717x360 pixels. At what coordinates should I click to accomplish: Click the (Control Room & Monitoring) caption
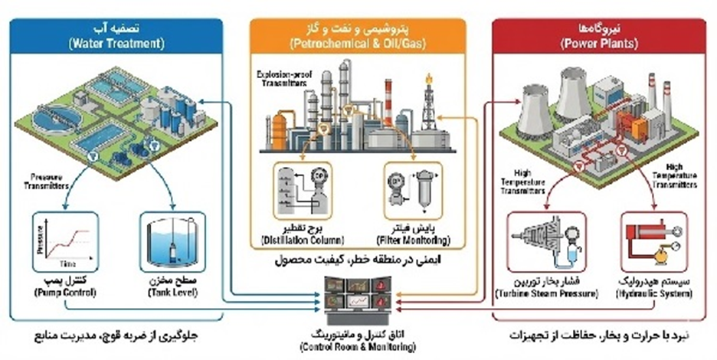[x=358, y=346]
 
